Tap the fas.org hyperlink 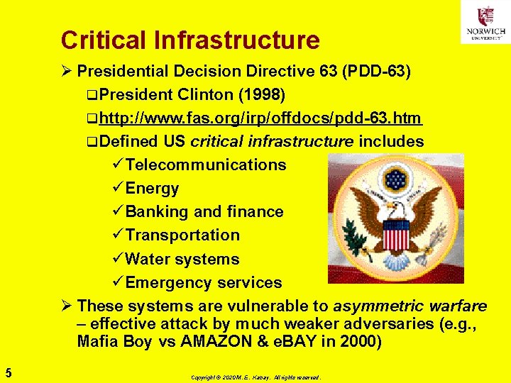(x=260, y=118)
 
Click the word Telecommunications (x=206, y=165)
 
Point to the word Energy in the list (x=152, y=189)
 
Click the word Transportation (x=182, y=235)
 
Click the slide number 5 (x=7, y=371)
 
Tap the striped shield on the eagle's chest (x=396, y=234)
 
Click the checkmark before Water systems (x=118, y=259)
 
